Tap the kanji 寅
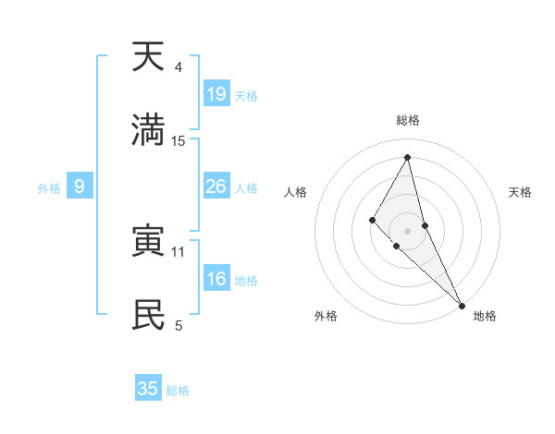[x=148, y=241]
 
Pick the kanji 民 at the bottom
[x=148, y=315]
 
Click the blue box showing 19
[x=216, y=93]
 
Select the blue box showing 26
[x=216, y=187]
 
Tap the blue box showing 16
[x=216, y=279]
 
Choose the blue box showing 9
[x=80, y=187]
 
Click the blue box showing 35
[x=148, y=389]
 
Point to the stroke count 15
[x=179, y=141]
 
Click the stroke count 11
[x=179, y=251]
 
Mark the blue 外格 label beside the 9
[x=49, y=188]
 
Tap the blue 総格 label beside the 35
[x=178, y=391]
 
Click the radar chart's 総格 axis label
[x=407, y=120]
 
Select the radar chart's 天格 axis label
[x=521, y=192]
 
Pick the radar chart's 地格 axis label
[x=485, y=316]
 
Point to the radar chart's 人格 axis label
[x=295, y=192]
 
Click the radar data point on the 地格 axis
[x=462, y=304]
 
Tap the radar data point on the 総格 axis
[x=407, y=157]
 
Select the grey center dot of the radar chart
[x=407, y=230]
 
